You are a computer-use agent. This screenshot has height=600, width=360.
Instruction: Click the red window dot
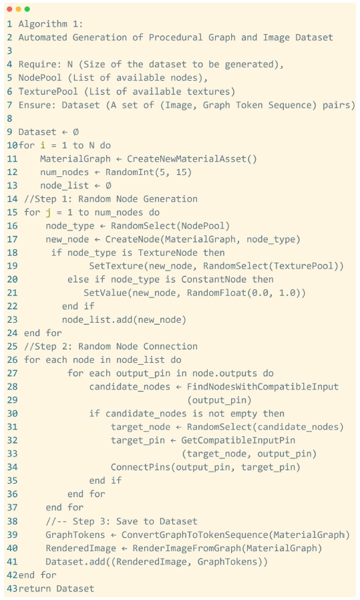[9, 9]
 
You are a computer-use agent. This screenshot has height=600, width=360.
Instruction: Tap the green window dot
[27, 9]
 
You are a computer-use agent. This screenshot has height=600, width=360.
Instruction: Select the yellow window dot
[18, 9]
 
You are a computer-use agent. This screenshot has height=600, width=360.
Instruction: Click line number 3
[9, 51]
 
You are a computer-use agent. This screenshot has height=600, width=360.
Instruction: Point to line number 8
[9, 118]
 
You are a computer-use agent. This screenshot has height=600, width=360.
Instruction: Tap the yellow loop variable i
[43, 146]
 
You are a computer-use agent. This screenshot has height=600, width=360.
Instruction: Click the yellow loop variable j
[48, 212]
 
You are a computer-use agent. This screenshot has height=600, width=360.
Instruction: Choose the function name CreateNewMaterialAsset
[187, 159]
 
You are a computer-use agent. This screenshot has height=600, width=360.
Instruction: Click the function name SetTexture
[116, 266]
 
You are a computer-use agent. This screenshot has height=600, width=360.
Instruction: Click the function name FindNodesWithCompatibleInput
[263, 387]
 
